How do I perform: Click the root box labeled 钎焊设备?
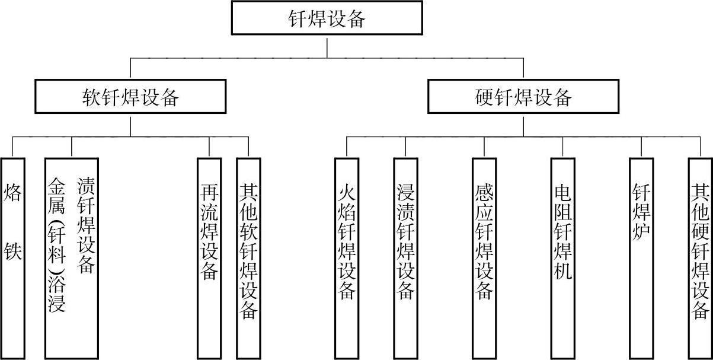[327, 18]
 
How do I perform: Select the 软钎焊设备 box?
[130, 97]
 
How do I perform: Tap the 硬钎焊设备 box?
[523, 97]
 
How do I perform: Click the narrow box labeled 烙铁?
[13, 258]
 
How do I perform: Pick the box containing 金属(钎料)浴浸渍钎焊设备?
[71, 258]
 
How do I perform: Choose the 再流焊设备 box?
[209, 258]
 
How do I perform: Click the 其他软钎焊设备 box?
[248, 258]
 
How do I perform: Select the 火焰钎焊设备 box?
[347, 258]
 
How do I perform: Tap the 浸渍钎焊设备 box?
[405, 258]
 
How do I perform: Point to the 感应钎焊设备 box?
[484, 258]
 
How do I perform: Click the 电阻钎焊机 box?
[562, 258]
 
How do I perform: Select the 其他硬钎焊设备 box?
[700, 258]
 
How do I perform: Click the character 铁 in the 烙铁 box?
[13, 252]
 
